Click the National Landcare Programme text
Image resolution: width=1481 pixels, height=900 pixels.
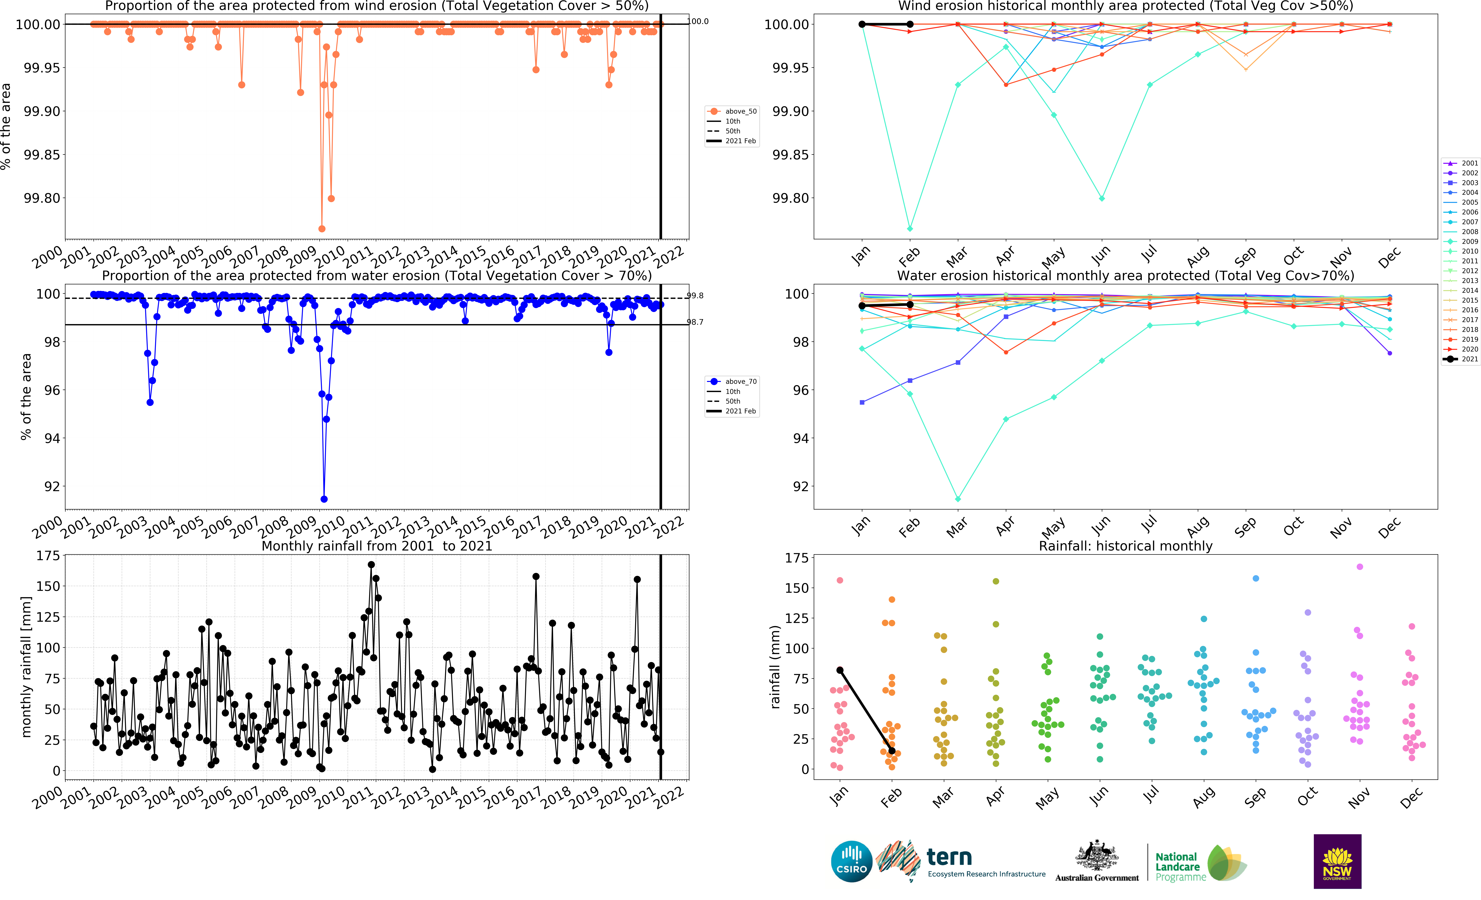point(1177,866)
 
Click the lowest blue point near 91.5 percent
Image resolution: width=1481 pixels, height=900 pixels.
point(324,499)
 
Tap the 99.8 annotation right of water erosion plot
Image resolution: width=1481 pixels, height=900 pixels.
point(695,295)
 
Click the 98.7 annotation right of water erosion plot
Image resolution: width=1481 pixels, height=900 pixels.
point(695,322)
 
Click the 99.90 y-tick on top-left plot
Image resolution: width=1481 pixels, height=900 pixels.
point(42,111)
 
